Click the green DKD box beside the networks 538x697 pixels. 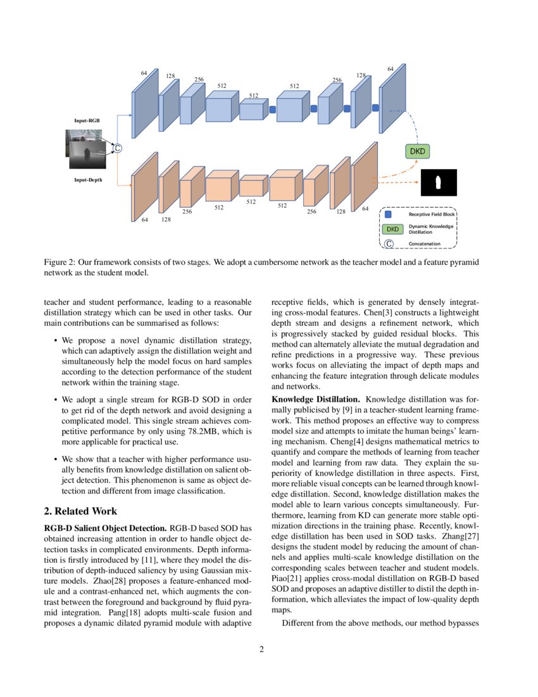(x=417, y=151)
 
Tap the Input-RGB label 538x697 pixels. (x=86, y=120)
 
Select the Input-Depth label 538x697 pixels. (x=88, y=180)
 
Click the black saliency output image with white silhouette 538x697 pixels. (x=438, y=183)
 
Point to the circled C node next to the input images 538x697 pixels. (x=116, y=148)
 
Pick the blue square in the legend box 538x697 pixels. (x=389, y=214)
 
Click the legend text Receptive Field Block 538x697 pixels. (x=432, y=215)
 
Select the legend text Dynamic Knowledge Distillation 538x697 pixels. (x=431, y=229)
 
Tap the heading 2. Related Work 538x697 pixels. (x=80, y=511)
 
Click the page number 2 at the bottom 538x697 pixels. (x=261, y=649)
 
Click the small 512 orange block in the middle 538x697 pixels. (x=251, y=188)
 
